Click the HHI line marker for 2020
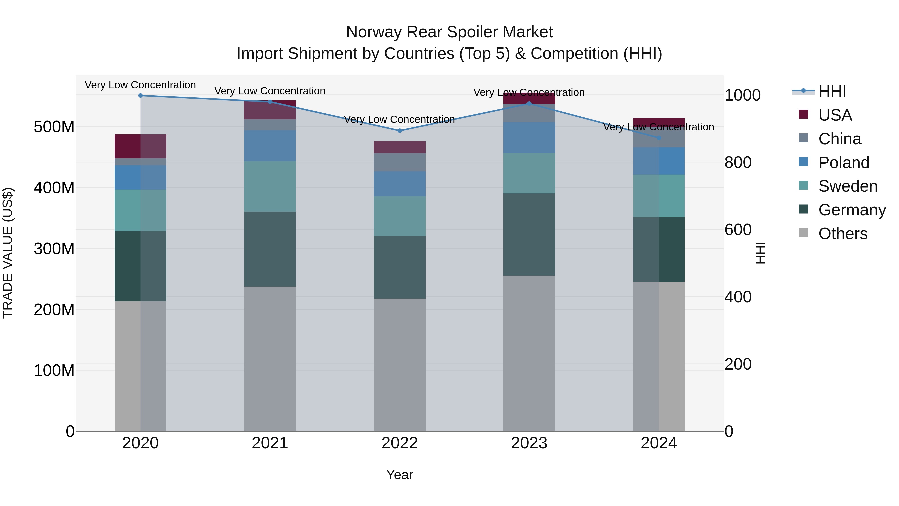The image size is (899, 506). pos(140,96)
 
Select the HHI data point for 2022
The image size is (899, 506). pos(400,131)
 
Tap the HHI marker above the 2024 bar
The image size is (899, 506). pos(659,138)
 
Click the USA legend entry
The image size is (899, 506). pos(835,115)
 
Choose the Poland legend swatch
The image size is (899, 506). pos(803,162)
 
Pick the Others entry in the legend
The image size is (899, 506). pos(843,234)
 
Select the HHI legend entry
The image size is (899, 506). pos(832,91)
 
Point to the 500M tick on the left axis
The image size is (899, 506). pos(54,127)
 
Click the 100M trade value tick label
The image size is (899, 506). pos(54,370)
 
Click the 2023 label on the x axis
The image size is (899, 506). pos(529,443)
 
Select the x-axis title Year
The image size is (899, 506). pos(400,475)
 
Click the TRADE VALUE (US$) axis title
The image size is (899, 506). pos(8,253)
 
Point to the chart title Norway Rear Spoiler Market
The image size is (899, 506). pos(449,32)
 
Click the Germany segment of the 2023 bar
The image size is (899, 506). pos(529,234)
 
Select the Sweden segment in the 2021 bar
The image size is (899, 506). pos(270,186)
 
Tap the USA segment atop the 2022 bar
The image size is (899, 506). pos(400,147)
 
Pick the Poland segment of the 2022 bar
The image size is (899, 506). pos(400,184)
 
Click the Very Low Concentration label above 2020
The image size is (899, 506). pos(140,85)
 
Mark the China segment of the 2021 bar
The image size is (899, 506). pos(270,125)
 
